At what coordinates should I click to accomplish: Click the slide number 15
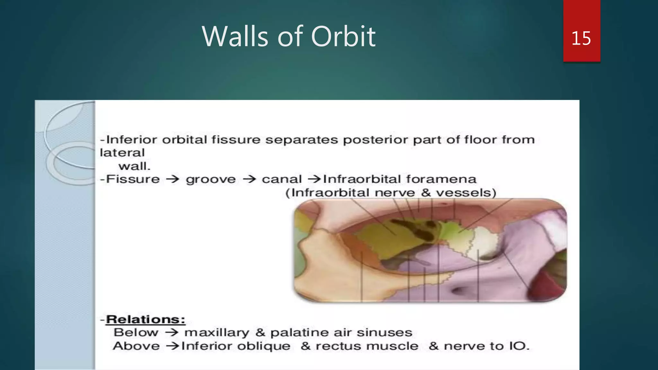tap(581, 39)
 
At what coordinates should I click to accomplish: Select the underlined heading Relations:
tap(146, 320)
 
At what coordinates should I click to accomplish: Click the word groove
tap(211, 180)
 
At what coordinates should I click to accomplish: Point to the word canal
tap(282, 179)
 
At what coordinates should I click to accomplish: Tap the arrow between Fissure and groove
tap(173, 179)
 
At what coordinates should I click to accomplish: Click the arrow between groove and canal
tap(249, 179)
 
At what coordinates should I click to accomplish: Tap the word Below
tap(136, 333)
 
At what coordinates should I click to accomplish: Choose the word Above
tap(136, 346)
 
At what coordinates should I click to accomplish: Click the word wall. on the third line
tap(134, 166)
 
